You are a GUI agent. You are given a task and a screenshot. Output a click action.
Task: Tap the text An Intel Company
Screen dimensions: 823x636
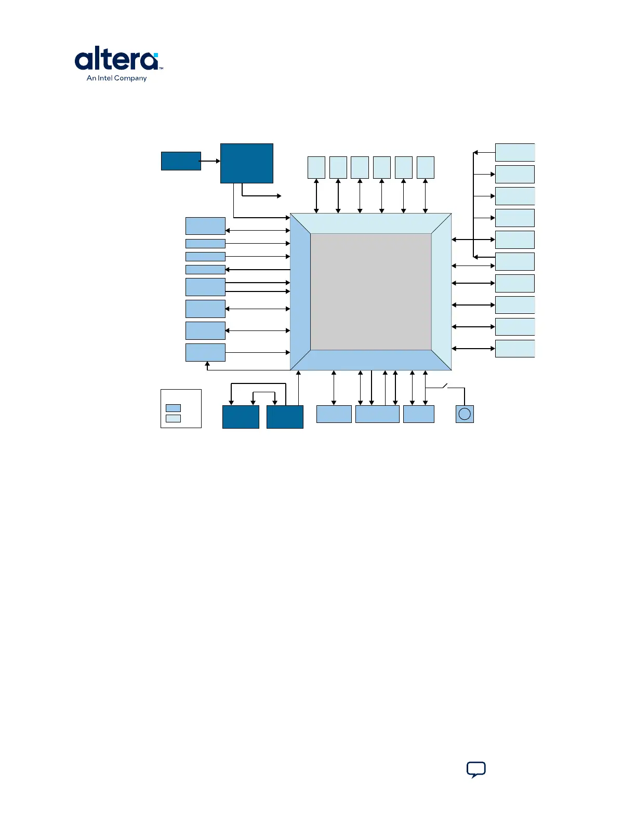(116, 78)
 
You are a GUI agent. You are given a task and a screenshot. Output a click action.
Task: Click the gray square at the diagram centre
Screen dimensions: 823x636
(371, 291)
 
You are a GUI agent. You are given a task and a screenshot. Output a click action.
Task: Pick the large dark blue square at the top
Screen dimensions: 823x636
(247, 163)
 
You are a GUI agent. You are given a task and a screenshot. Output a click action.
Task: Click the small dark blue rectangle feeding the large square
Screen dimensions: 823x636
(181, 161)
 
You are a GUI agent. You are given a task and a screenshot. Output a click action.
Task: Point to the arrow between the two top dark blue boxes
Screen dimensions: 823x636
(210, 161)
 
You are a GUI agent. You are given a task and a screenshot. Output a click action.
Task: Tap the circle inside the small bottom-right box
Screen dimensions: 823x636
(465, 414)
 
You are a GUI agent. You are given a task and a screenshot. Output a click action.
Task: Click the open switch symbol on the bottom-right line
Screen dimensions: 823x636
(445, 386)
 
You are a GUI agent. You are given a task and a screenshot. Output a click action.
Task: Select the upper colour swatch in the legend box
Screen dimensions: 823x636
(173, 408)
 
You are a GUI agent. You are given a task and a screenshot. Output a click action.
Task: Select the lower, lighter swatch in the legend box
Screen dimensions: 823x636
(173, 419)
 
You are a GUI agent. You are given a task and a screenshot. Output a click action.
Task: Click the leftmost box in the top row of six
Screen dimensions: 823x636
(316, 167)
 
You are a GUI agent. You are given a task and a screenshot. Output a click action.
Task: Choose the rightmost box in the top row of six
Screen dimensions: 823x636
(426, 167)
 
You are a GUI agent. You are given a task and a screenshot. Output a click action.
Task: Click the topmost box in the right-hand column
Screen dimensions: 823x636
(514, 152)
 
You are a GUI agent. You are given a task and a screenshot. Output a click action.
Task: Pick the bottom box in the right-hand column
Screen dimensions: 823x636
(514, 349)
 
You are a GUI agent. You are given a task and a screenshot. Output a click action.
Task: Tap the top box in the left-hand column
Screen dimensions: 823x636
(205, 226)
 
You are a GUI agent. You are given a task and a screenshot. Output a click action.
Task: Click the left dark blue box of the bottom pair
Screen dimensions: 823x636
(241, 417)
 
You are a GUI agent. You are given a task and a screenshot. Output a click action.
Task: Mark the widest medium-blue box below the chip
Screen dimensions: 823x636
(377, 414)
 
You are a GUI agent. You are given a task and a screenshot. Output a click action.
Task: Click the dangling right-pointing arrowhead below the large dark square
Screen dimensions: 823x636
(279, 196)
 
